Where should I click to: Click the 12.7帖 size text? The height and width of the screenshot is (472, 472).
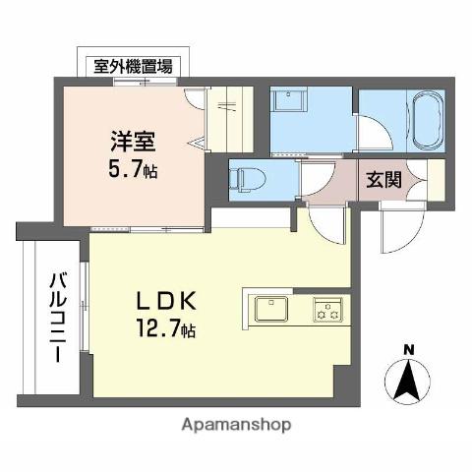(166, 328)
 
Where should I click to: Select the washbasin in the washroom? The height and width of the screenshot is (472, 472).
(291, 103)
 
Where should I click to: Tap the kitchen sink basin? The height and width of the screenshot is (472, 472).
(269, 310)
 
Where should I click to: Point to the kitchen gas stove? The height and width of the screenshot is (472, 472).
(327, 310)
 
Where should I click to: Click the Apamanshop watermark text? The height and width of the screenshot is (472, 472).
(236, 425)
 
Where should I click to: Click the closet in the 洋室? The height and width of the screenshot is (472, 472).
(230, 119)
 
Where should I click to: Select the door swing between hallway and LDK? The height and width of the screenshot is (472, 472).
(324, 221)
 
